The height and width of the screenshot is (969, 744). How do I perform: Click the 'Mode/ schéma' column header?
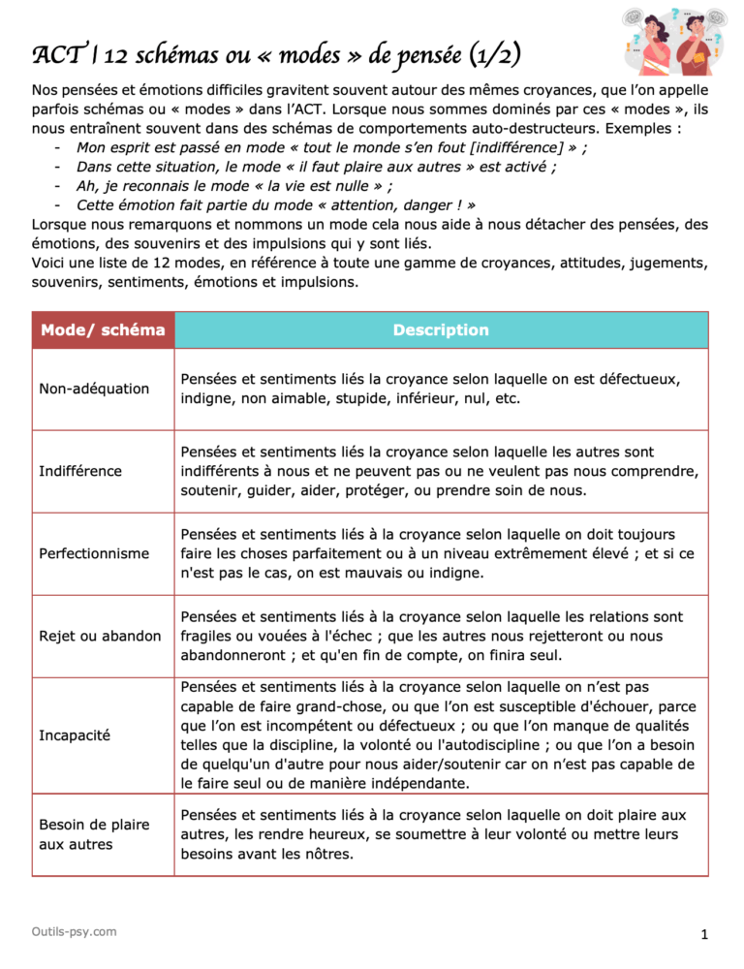(x=103, y=329)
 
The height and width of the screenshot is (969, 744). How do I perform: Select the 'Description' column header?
(x=441, y=329)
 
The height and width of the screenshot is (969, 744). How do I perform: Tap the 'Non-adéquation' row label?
(x=94, y=389)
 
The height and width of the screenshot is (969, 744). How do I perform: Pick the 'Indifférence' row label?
(x=80, y=471)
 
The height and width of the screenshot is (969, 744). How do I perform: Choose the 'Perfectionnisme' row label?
(x=94, y=553)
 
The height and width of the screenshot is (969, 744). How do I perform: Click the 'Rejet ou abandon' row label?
(x=100, y=636)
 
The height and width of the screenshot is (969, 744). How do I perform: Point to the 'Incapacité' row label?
(x=75, y=735)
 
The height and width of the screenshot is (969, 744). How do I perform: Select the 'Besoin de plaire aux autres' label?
(x=94, y=834)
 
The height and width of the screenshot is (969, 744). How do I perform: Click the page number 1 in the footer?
(x=705, y=935)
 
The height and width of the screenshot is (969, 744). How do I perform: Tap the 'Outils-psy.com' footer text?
(x=74, y=931)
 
